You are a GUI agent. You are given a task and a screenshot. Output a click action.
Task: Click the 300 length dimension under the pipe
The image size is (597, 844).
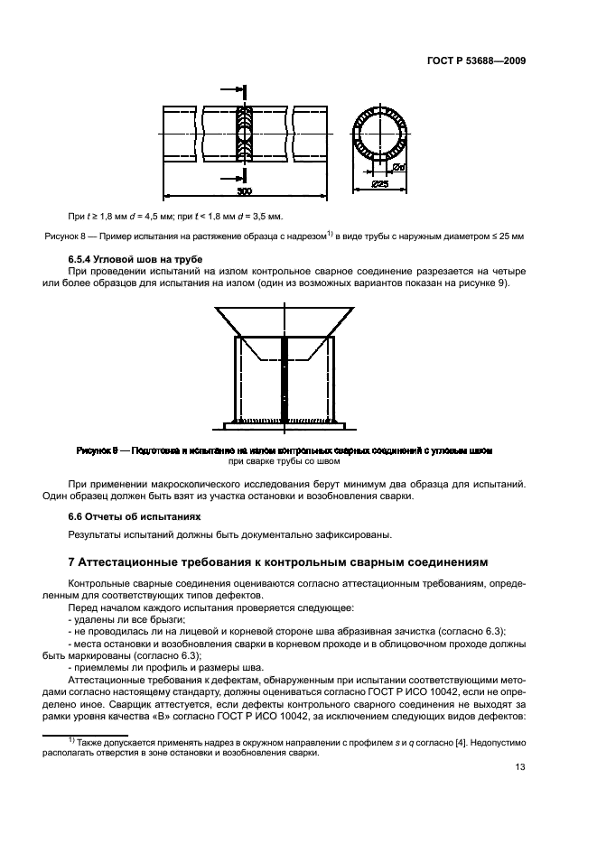(x=245, y=191)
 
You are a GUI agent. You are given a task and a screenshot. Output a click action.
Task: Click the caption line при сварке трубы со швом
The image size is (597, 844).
(x=285, y=460)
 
